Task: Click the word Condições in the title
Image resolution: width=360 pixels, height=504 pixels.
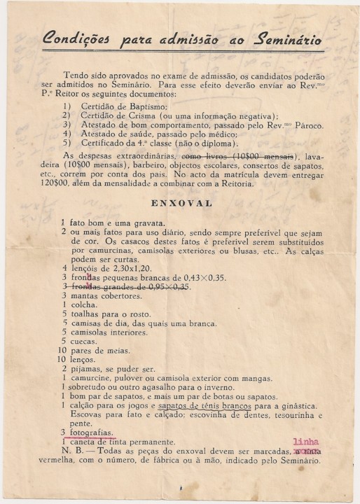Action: pyautogui.click(x=74, y=40)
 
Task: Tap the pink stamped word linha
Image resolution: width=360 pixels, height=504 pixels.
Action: pyautogui.click(x=305, y=442)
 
